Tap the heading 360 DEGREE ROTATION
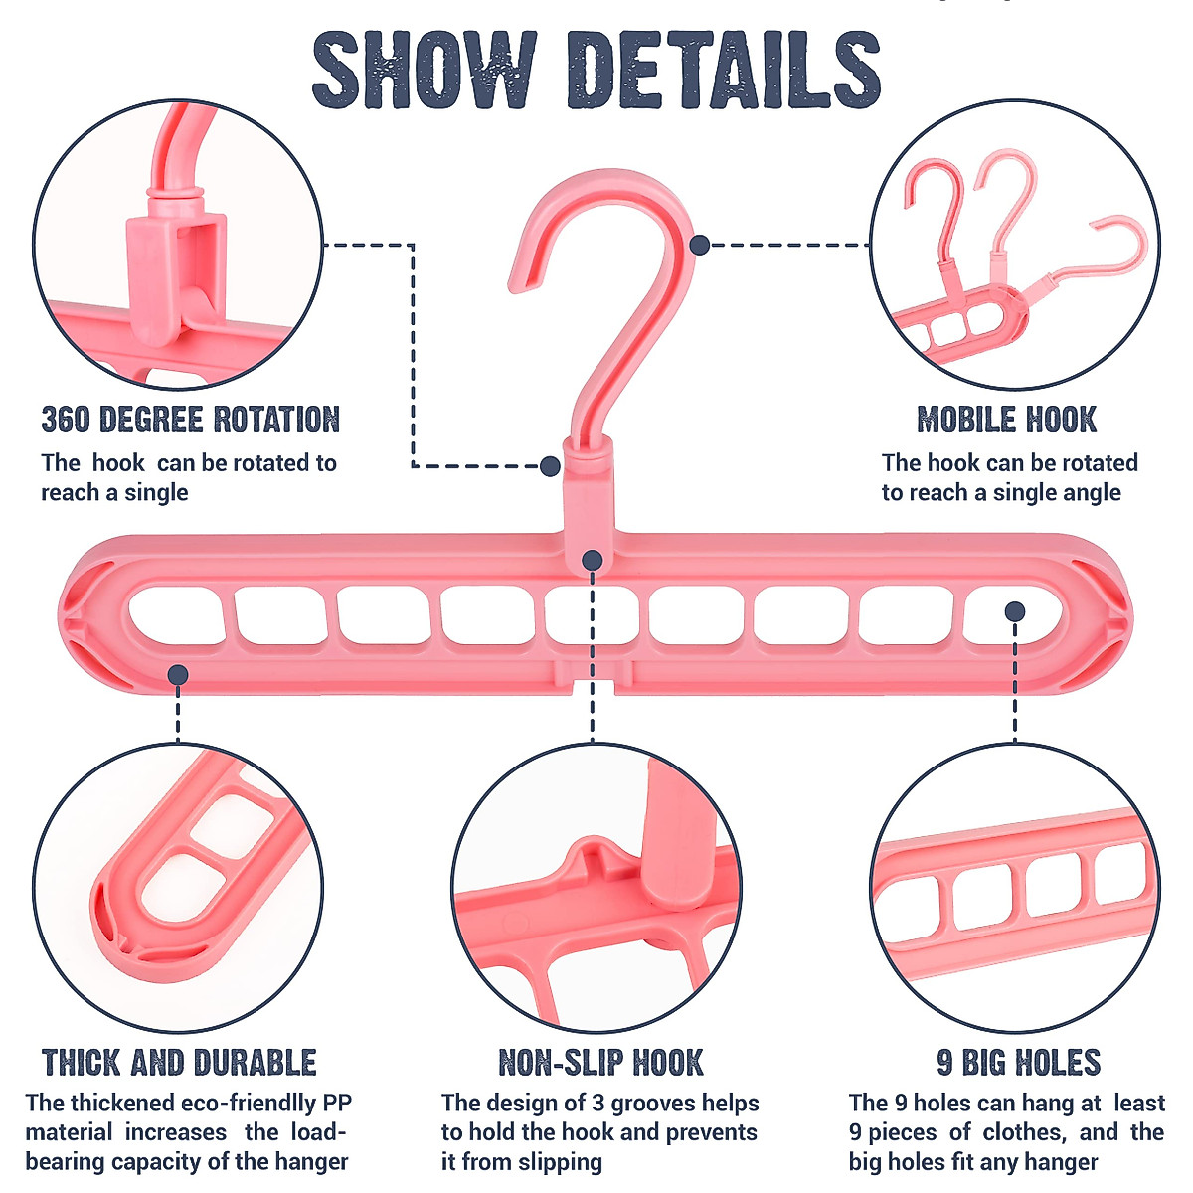[x=190, y=420]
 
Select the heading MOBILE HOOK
[x=1006, y=420]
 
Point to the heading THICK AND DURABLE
[x=179, y=1063]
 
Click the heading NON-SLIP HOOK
[x=600, y=1063]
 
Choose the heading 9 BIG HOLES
[x=1018, y=1063]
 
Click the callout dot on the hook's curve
[x=699, y=244]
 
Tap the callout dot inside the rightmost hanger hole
[x=1014, y=611]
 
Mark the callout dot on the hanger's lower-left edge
[x=178, y=675]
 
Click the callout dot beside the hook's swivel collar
[x=550, y=465]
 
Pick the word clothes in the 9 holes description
[x=1024, y=1132]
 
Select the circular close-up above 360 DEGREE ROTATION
[x=179, y=244]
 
